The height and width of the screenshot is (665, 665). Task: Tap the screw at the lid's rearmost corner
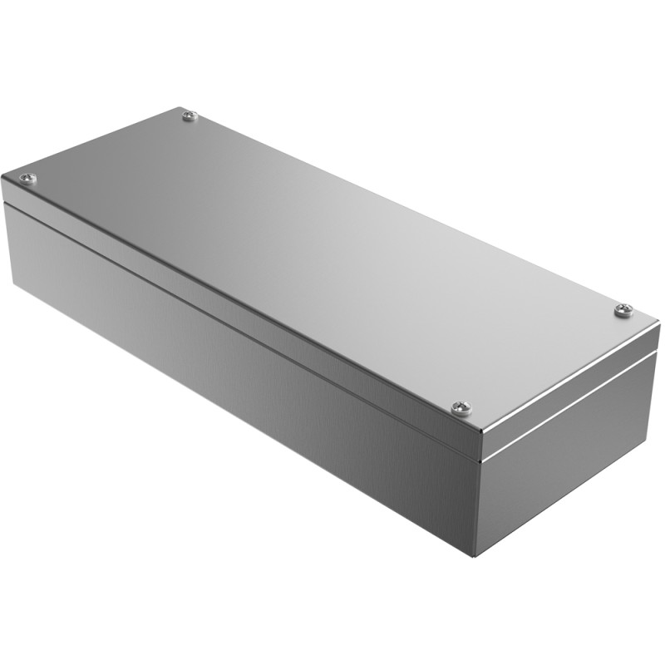coord(190,116)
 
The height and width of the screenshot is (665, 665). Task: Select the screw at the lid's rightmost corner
coord(623,310)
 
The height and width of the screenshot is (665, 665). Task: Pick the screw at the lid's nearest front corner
coord(462,407)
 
